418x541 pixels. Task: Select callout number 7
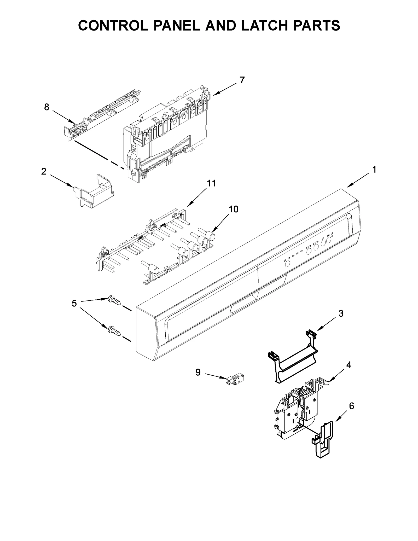click(242, 80)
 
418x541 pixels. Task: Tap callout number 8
click(47, 107)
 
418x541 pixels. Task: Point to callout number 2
click(44, 172)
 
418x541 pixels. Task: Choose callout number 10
click(234, 209)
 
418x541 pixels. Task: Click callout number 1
click(374, 170)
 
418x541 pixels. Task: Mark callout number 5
click(74, 303)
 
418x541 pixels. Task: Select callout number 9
click(198, 372)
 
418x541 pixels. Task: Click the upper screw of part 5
click(114, 301)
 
